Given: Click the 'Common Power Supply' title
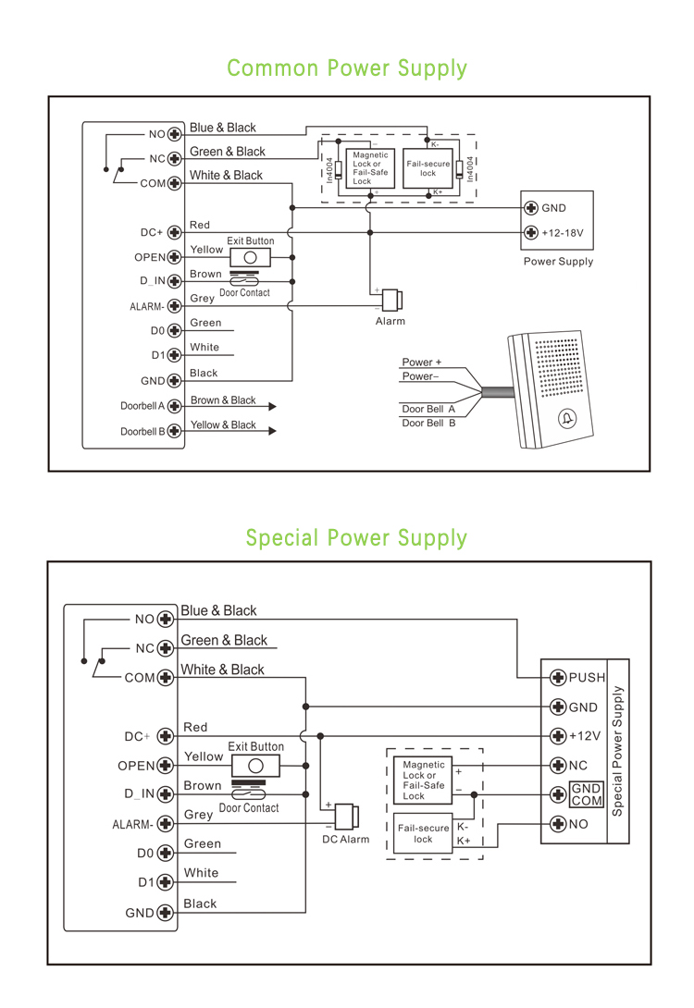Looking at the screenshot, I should (347, 68).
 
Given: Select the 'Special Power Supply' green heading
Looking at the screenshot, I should (356, 538).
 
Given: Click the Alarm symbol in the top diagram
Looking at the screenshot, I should (392, 301).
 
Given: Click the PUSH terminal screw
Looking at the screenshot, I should (558, 677).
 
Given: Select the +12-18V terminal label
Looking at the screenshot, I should (563, 233).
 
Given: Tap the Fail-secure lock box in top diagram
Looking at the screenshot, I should (428, 168).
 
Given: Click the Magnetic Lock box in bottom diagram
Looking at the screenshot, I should (424, 781).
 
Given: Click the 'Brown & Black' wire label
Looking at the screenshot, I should (223, 400).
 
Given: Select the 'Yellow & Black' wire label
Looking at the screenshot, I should (223, 425).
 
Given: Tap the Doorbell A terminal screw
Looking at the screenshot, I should (173, 406).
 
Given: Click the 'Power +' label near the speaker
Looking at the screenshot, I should (421, 363).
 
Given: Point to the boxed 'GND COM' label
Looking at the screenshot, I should (586, 794).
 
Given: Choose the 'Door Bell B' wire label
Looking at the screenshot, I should (428, 424).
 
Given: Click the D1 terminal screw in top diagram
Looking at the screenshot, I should (173, 355).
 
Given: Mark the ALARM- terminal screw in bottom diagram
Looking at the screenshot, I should (166, 824).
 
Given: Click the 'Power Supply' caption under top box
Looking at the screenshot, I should (558, 262).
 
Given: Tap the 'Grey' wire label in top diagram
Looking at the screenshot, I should (202, 299).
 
